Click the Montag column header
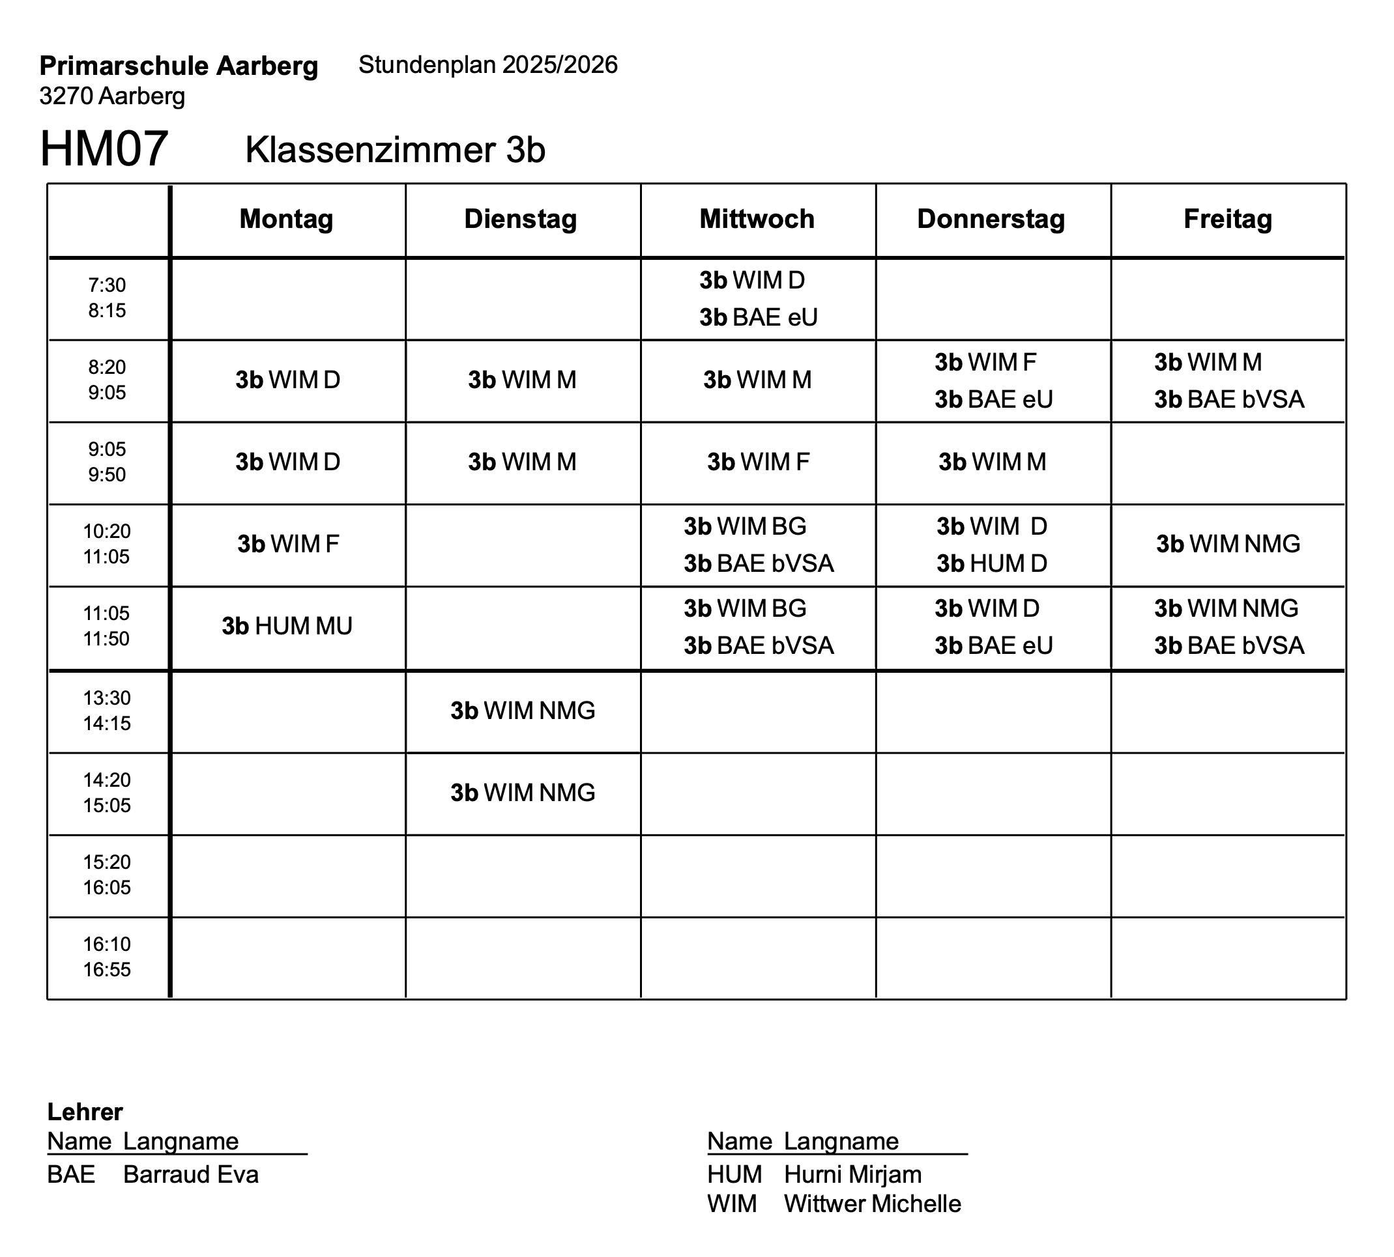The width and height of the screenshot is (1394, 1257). click(286, 219)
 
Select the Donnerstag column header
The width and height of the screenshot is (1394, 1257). click(991, 219)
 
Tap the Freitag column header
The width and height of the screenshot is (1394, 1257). click(1227, 219)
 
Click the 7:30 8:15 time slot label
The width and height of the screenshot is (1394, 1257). click(107, 298)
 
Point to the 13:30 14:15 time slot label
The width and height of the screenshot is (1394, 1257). click(107, 711)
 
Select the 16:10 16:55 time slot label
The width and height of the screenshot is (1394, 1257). click(107, 957)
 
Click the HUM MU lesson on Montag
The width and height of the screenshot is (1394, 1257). click(287, 626)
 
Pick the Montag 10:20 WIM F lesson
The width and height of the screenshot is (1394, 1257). click(288, 544)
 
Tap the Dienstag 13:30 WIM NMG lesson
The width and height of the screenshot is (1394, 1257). click(523, 711)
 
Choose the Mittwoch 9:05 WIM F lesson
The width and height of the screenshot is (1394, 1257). click(757, 462)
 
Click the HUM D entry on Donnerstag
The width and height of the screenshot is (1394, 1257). click(992, 563)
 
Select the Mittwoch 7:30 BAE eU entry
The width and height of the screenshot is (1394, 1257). click(758, 318)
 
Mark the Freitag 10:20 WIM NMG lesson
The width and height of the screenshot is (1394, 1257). click(1228, 544)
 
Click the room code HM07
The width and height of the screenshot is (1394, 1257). click(104, 148)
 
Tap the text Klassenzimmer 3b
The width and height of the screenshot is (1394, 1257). click(395, 150)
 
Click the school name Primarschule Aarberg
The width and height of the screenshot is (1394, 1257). click(179, 66)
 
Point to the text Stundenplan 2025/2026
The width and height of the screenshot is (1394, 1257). click(488, 65)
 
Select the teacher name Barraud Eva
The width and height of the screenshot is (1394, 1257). click(191, 1174)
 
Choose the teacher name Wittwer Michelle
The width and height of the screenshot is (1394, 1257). click(872, 1204)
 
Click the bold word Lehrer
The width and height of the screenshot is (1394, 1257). click(85, 1112)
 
